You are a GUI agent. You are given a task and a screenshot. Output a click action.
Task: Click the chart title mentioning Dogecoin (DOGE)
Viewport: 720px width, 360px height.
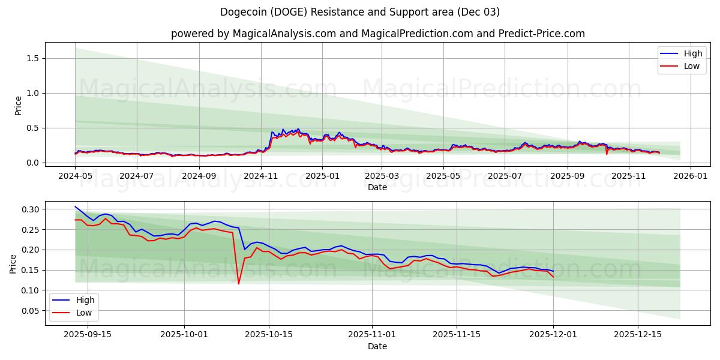coord(360,12)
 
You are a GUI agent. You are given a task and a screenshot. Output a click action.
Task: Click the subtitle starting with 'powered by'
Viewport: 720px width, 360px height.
coord(378,34)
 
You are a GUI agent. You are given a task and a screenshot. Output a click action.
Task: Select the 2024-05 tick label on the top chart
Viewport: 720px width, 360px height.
coord(75,176)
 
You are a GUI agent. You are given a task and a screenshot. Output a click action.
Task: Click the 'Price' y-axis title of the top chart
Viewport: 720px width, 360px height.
coord(18,106)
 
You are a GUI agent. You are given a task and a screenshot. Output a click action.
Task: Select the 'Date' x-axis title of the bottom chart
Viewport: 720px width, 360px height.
coord(377,346)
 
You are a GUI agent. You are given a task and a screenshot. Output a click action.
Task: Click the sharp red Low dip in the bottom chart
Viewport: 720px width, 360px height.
coord(238,283)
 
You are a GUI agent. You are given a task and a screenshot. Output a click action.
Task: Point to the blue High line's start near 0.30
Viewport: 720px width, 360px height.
coord(76,207)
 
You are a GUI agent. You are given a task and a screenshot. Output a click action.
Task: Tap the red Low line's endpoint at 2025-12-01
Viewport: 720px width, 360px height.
coord(553,277)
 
